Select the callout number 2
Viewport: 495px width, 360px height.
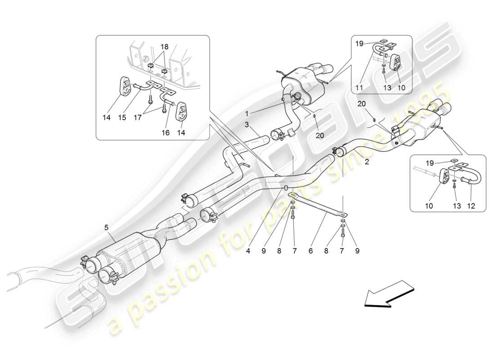367,162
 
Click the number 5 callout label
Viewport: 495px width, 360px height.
106,228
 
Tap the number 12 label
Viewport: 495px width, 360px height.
471,207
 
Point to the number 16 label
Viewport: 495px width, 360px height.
165,134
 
